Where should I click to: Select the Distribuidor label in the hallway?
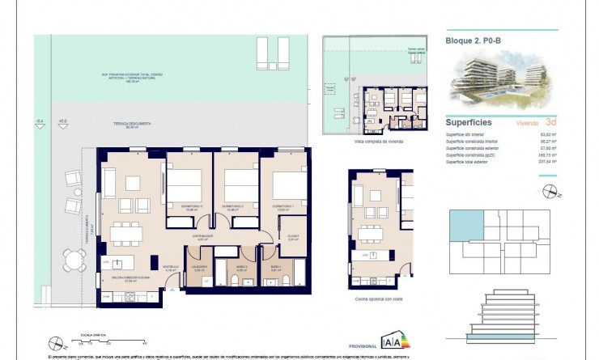pyautogui.click(x=202, y=236)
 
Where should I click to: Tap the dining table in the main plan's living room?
pyautogui.click(x=126, y=235)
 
